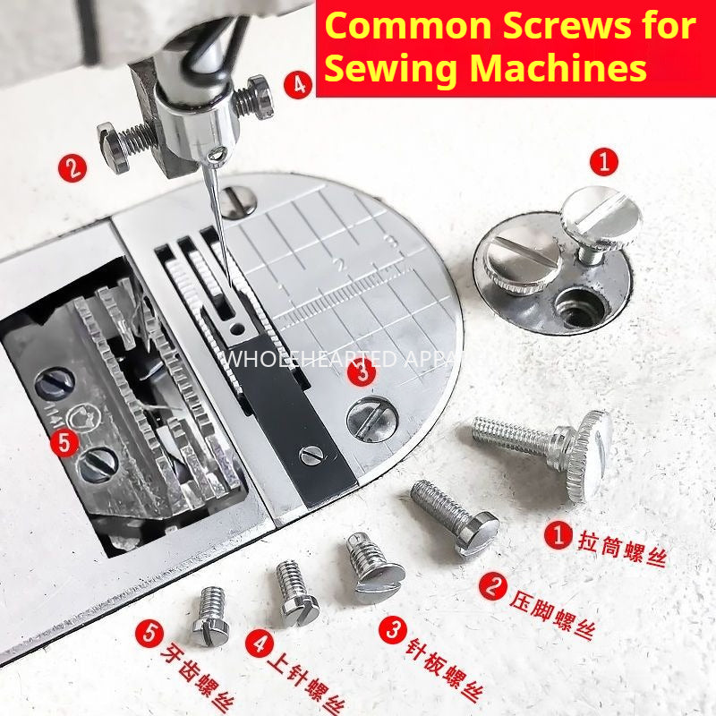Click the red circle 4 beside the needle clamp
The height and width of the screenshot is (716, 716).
[298, 86]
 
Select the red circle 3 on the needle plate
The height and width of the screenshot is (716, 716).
[361, 371]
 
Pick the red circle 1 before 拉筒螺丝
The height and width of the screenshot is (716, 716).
[559, 535]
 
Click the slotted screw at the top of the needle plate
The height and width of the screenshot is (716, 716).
[238, 200]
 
